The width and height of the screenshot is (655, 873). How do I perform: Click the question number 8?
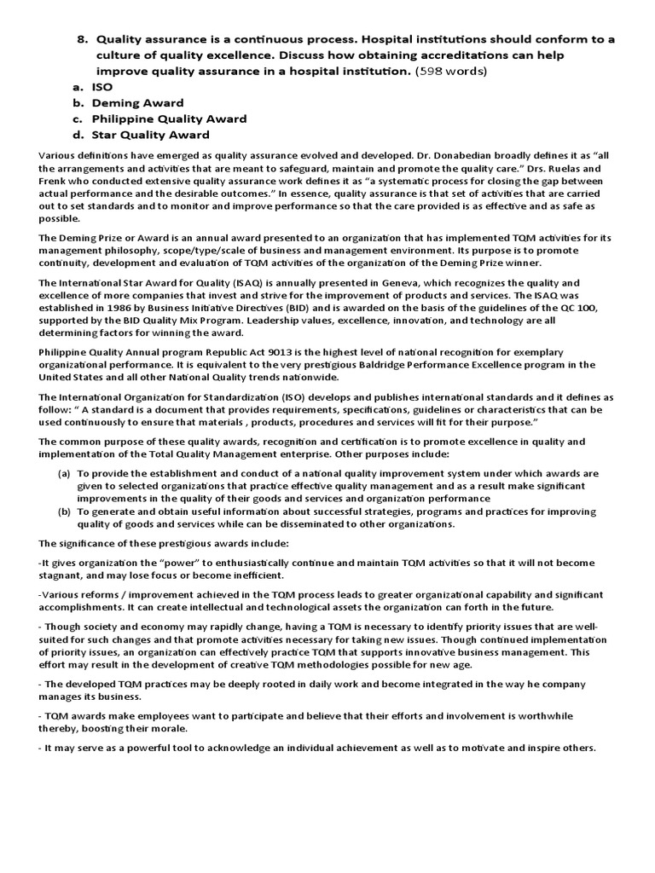[x=82, y=39]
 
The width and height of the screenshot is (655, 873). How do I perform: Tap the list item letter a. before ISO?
[x=78, y=87]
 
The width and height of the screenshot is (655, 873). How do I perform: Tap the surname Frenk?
[x=55, y=182]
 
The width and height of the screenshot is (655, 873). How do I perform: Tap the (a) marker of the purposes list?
[x=64, y=473]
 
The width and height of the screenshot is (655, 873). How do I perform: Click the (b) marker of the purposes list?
[x=64, y=512]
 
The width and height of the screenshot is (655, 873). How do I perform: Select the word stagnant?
[x=61, y=575]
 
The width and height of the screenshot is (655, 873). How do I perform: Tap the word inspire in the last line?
[x=553, y=749]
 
